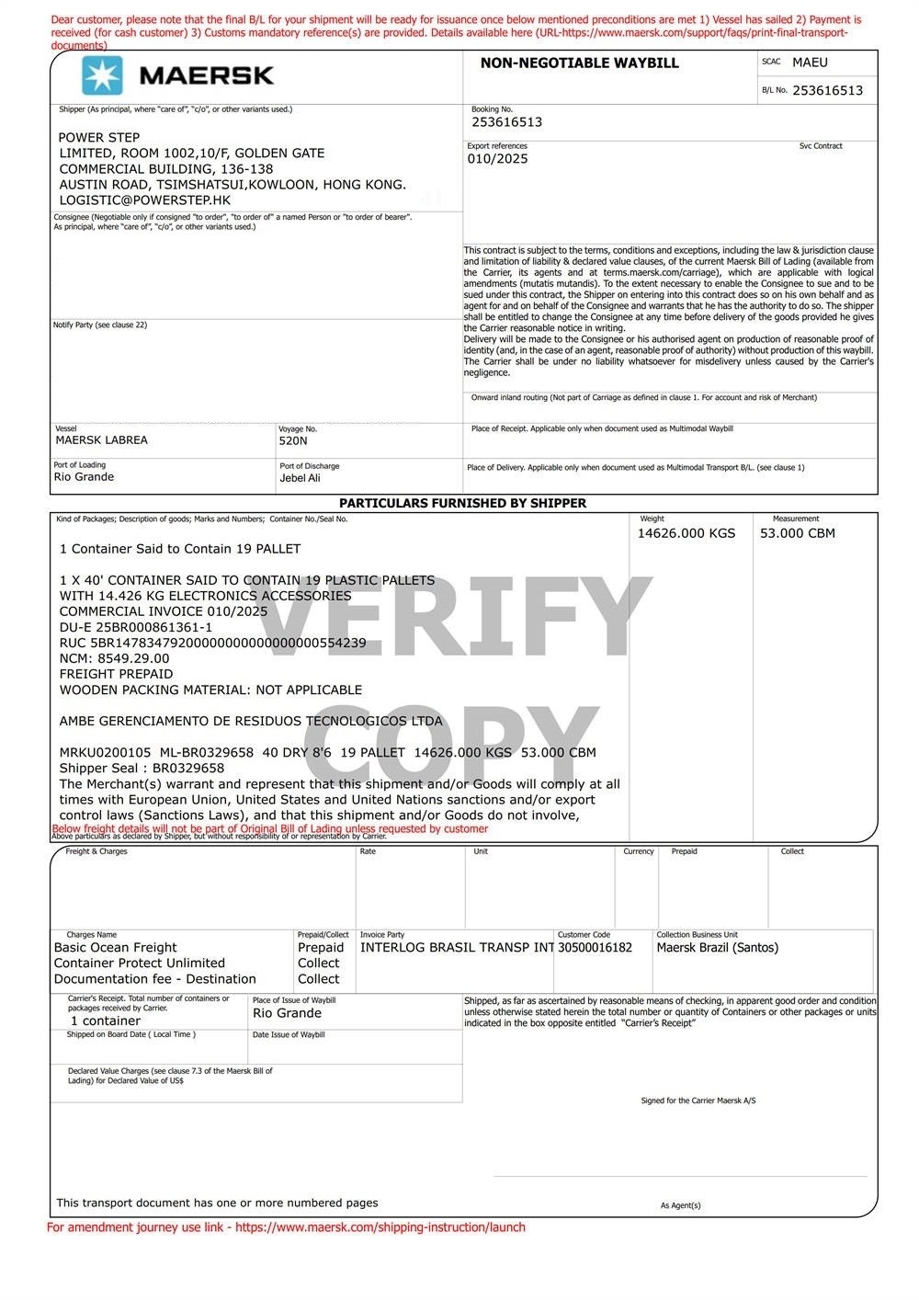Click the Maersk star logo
click(101, 75)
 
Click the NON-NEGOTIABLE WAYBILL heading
click(579, 63)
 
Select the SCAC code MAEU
click(810, 63)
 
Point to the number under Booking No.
click(506, 122)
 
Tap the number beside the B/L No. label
click(827, 90)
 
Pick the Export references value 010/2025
click(497, 159)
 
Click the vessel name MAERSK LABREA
click(101, 440)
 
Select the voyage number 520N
click(293, 441)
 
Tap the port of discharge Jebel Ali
click(300, 478)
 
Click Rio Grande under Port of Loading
click(84, 477)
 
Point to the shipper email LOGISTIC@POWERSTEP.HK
click(144, 200)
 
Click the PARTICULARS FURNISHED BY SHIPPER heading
click(462, 504)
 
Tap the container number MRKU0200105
click(105, 752)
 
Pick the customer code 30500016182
click(595, 948)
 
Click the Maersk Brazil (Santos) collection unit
click(717, 948)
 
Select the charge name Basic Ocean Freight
click(115, 948)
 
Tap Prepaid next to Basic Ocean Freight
click(320, 948)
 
